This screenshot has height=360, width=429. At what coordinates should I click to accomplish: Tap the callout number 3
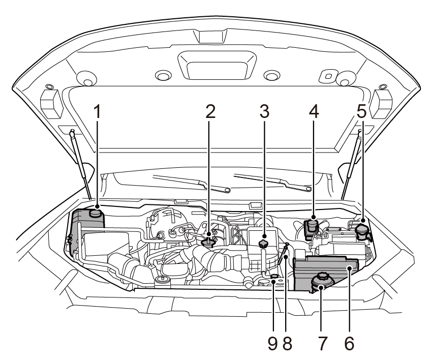[264, 111]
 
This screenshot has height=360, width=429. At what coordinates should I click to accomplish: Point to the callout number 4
[313, 111]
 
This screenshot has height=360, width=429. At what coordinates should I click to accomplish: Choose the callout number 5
[361, 111]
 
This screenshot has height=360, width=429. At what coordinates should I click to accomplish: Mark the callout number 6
[349, 343]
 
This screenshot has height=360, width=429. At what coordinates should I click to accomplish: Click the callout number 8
[287, 343]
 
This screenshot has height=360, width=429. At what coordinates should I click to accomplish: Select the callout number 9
[273, 343]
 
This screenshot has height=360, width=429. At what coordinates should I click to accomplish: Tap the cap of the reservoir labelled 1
[96, 213]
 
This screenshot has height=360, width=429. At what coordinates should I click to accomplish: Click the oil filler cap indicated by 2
[208, 243]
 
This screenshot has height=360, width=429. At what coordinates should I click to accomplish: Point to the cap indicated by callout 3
[263, 245]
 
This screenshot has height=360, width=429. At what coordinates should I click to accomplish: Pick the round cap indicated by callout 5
[362, 230]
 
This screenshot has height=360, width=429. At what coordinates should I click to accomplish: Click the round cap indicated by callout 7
[321, 281]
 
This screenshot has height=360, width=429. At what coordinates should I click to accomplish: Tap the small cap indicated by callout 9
[274, 277]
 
